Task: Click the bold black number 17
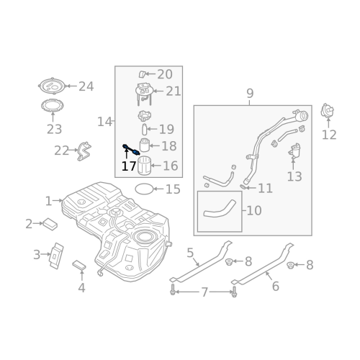coord(129,166)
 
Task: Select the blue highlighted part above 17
coord(131,149)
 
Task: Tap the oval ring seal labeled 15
coord(144,189)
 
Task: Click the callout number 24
coord(86,86)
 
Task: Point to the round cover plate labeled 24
coord(53,86)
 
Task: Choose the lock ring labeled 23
coord(53,106)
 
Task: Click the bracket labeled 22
coord(84,151)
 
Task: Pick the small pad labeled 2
coord(50,224)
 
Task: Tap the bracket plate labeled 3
coord(56,256)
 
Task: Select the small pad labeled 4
coord(79,265)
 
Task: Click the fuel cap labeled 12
coord(327,111)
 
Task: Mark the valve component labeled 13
coord(294,150)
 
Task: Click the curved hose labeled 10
coord(220,210)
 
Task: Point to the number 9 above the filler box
coord(250,94)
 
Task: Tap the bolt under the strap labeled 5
coord(172,289)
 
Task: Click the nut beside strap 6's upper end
coord(291,265)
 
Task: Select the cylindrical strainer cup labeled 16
coord(144,166)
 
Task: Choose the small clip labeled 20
coord(142,74)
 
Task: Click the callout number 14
coord(104,122)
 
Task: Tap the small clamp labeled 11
coord(243,186)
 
